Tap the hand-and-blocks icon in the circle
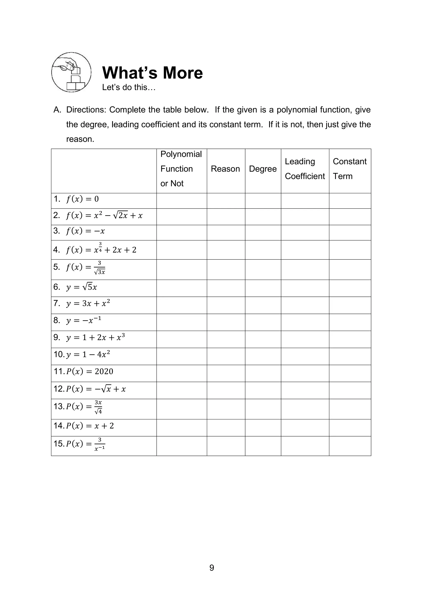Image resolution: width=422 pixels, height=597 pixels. point(71,72)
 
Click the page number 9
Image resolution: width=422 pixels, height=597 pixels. point(212,568)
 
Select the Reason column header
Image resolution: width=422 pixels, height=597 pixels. point(225,169)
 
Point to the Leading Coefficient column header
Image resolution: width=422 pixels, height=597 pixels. point(305,169)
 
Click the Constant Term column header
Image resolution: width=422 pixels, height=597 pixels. point(349,169)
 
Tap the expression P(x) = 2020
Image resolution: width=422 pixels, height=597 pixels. point(89,371)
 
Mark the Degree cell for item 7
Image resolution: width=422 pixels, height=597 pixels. point(263,305)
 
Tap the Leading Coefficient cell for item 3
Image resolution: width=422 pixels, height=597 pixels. point(305,233)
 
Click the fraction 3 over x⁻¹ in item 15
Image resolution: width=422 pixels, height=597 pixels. point(100,444)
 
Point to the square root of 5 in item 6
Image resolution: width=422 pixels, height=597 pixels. point(87,287)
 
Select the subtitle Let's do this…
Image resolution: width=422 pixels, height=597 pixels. point(129,87)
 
